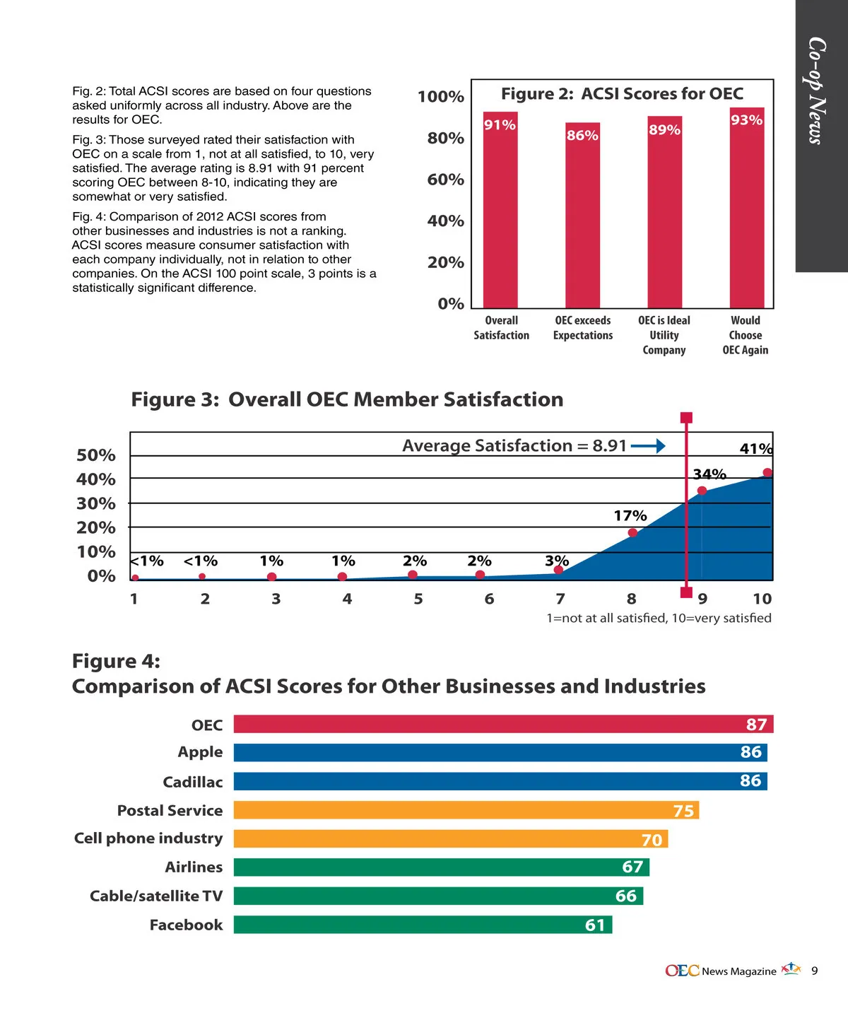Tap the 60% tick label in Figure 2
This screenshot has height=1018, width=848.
[x=445, y=180]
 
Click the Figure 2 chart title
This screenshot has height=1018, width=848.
[x=622, y=94]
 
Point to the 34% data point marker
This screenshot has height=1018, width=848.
[x=702, y=491]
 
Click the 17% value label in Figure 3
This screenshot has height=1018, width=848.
[x=630, y=516]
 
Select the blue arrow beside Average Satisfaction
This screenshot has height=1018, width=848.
[x=648, y=446]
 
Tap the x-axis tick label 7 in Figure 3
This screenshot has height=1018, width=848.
[x=560, y=599]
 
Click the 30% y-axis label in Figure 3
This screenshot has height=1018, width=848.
[x=96, y=503]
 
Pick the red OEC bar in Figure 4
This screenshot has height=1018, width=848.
[x=503, y=724]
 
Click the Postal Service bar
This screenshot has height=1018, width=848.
[x=466, y=810]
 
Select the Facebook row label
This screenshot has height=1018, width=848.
[x=186, y=925]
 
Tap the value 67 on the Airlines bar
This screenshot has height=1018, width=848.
[x=632, y=867]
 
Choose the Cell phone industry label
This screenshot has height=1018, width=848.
[x=148, y=838]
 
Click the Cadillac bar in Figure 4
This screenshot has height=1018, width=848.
[x=500, y=781]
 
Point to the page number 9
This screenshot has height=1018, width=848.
[x=814, y=971]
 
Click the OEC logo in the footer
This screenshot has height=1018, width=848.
[x=682, y=971]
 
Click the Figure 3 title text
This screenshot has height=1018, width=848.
[x=347, y=399]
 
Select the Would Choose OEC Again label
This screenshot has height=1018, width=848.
[x=745, y=335]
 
